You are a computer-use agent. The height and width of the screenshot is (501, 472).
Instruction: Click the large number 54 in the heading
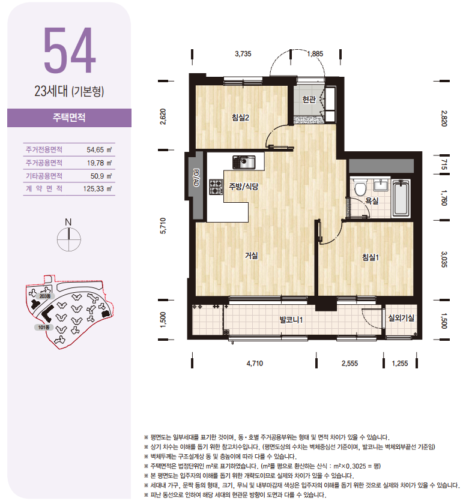click(x=70, y=50)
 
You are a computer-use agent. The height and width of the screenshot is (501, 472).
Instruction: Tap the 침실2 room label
click(x=240, y=118)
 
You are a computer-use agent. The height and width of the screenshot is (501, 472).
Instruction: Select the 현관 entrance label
click(x=309, y=100)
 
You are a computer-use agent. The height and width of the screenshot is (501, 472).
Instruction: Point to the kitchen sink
click(x=244, y=162)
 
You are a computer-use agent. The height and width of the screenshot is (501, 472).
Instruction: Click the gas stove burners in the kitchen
click(x=216, y=187)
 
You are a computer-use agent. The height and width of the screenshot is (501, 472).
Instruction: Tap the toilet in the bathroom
click(x=360, y=188)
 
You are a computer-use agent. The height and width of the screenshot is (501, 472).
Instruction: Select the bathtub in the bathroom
click(x=401, y=198)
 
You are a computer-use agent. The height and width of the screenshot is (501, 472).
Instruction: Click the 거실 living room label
click(x=252, y=255)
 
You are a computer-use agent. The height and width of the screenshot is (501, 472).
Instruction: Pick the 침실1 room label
click(x=371, y=257)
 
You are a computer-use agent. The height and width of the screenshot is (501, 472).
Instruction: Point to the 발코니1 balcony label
click(x=291, y=320)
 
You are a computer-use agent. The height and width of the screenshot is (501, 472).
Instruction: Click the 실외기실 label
click(x=401, y=317)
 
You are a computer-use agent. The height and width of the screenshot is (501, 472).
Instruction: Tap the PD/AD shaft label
click(x=196, y=178)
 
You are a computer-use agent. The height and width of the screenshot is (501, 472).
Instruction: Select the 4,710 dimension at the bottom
click(x=255, y=363)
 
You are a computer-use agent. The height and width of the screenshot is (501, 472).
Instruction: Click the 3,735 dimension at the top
click(x=243, y=53)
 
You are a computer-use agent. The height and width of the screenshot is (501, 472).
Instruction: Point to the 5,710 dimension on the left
click(x=163, y=226)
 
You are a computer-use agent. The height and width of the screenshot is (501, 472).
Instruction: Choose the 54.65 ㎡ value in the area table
click(x=99, y=149)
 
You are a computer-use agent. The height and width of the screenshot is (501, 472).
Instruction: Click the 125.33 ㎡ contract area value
click(x=97, y=189)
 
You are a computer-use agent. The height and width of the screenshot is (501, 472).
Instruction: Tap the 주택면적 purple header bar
click(x=69, y=118)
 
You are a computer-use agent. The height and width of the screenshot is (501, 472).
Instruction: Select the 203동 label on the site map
click(x=45, y=296)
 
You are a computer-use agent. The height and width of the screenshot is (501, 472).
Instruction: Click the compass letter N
click(x=68, y=222)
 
